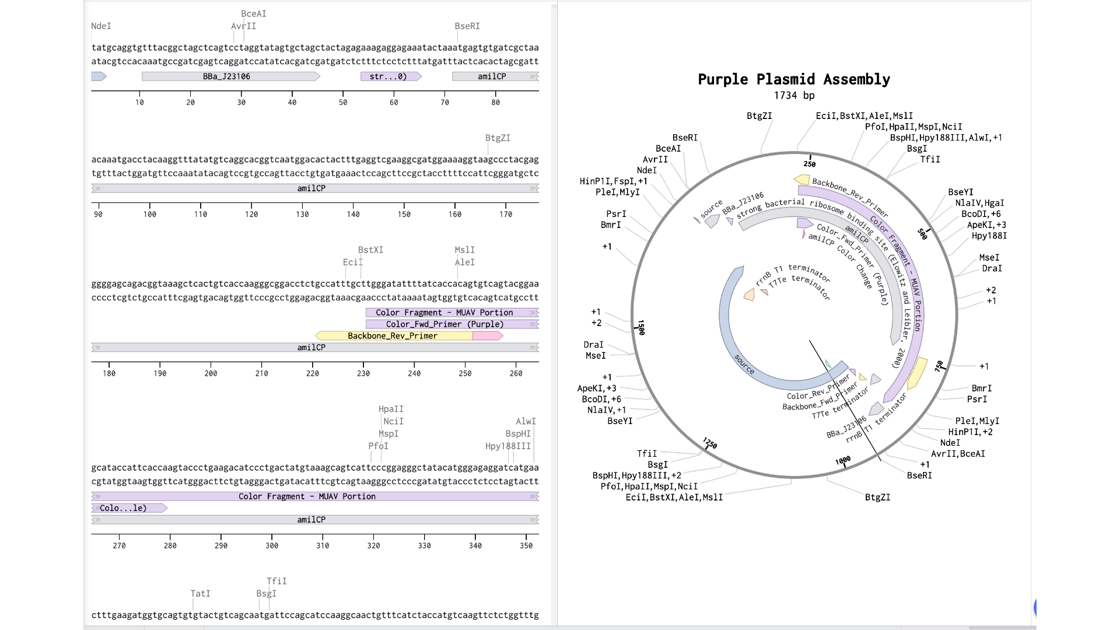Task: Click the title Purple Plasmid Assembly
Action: point(794,79)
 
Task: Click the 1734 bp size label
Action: point(794,96)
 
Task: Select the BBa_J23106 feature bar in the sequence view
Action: point(231,76)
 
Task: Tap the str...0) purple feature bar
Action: point(391,76)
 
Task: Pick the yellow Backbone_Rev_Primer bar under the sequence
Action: point(394,336)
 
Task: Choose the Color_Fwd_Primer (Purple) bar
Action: point(452,324)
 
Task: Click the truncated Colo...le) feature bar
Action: point(129,508)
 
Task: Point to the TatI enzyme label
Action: point(200,593)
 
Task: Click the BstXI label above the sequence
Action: point(370,250)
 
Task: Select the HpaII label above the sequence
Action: point(391,409)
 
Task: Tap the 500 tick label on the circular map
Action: point(922,234)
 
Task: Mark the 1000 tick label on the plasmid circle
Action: point(843,461)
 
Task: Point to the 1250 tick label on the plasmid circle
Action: point(710,443)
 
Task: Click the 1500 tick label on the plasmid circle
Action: point(641,327)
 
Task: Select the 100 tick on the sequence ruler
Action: point(150,214)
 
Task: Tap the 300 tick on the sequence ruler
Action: point(272,545)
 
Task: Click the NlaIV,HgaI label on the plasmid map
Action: point(979,203)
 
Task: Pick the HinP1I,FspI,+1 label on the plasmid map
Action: point(614,181)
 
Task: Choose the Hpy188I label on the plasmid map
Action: point(989,236)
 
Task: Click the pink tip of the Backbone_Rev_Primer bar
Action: point(488,336)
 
